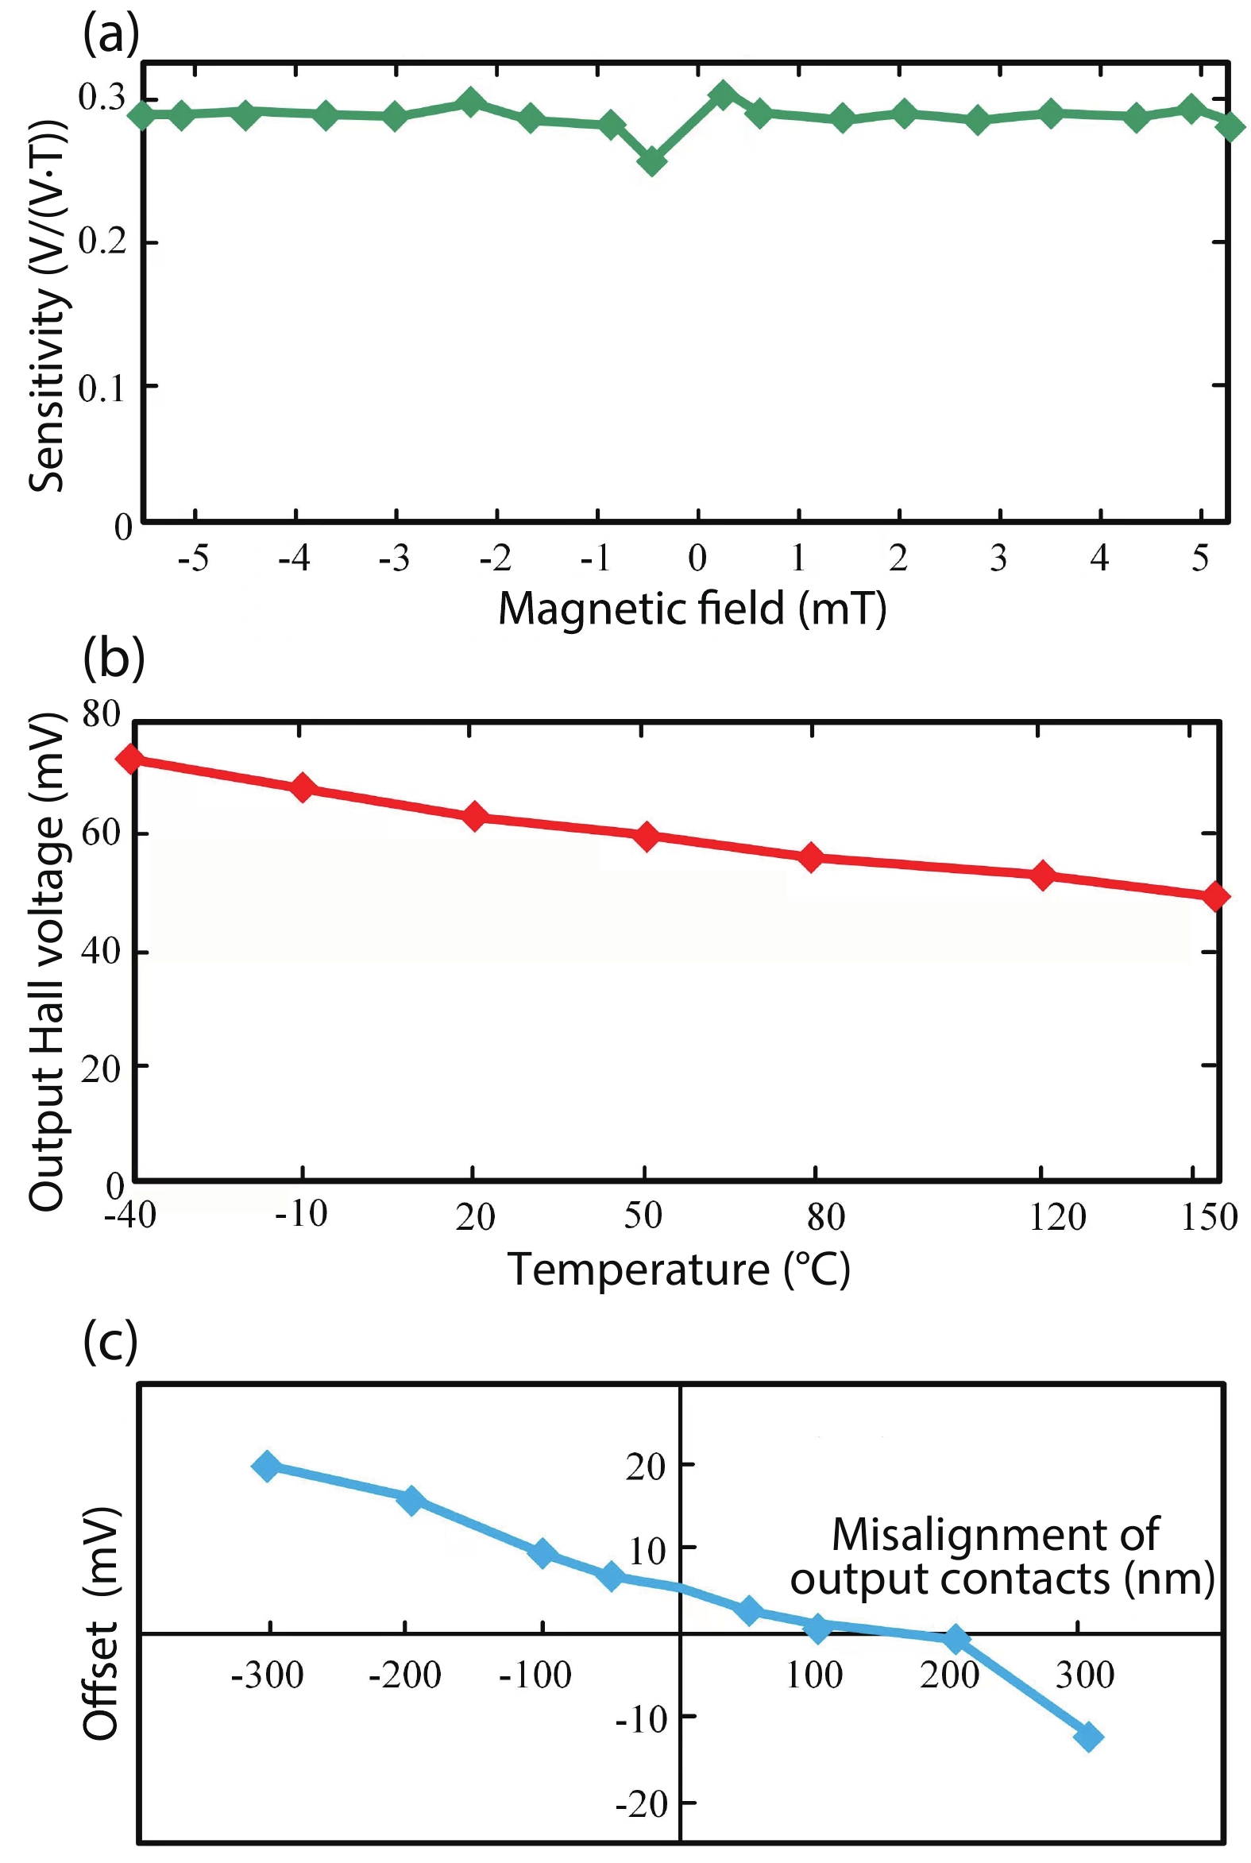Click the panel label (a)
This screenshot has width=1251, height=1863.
pos(111,34)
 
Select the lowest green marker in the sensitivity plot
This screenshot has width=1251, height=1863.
pos(652,161)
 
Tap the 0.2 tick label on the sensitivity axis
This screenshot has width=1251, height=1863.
pos(102,240)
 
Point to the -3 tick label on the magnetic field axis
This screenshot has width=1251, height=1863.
pos(394,559)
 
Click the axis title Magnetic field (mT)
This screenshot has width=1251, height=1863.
pos(692,609)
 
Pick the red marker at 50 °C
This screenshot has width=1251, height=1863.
pos(647,836)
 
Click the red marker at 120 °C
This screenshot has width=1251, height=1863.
pos(1041,875)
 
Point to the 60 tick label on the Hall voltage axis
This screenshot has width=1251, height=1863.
pos(101,832)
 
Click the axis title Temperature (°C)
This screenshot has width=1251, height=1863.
pos(678,1269)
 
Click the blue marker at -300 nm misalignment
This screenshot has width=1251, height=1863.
pos(266,1466)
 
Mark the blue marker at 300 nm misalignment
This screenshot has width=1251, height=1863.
pos(1088,1737)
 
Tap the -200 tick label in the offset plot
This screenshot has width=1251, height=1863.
pos(404,1675)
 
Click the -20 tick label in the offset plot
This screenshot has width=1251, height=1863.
pos(642,1804)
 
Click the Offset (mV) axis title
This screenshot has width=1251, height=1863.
pos(101,1624)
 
